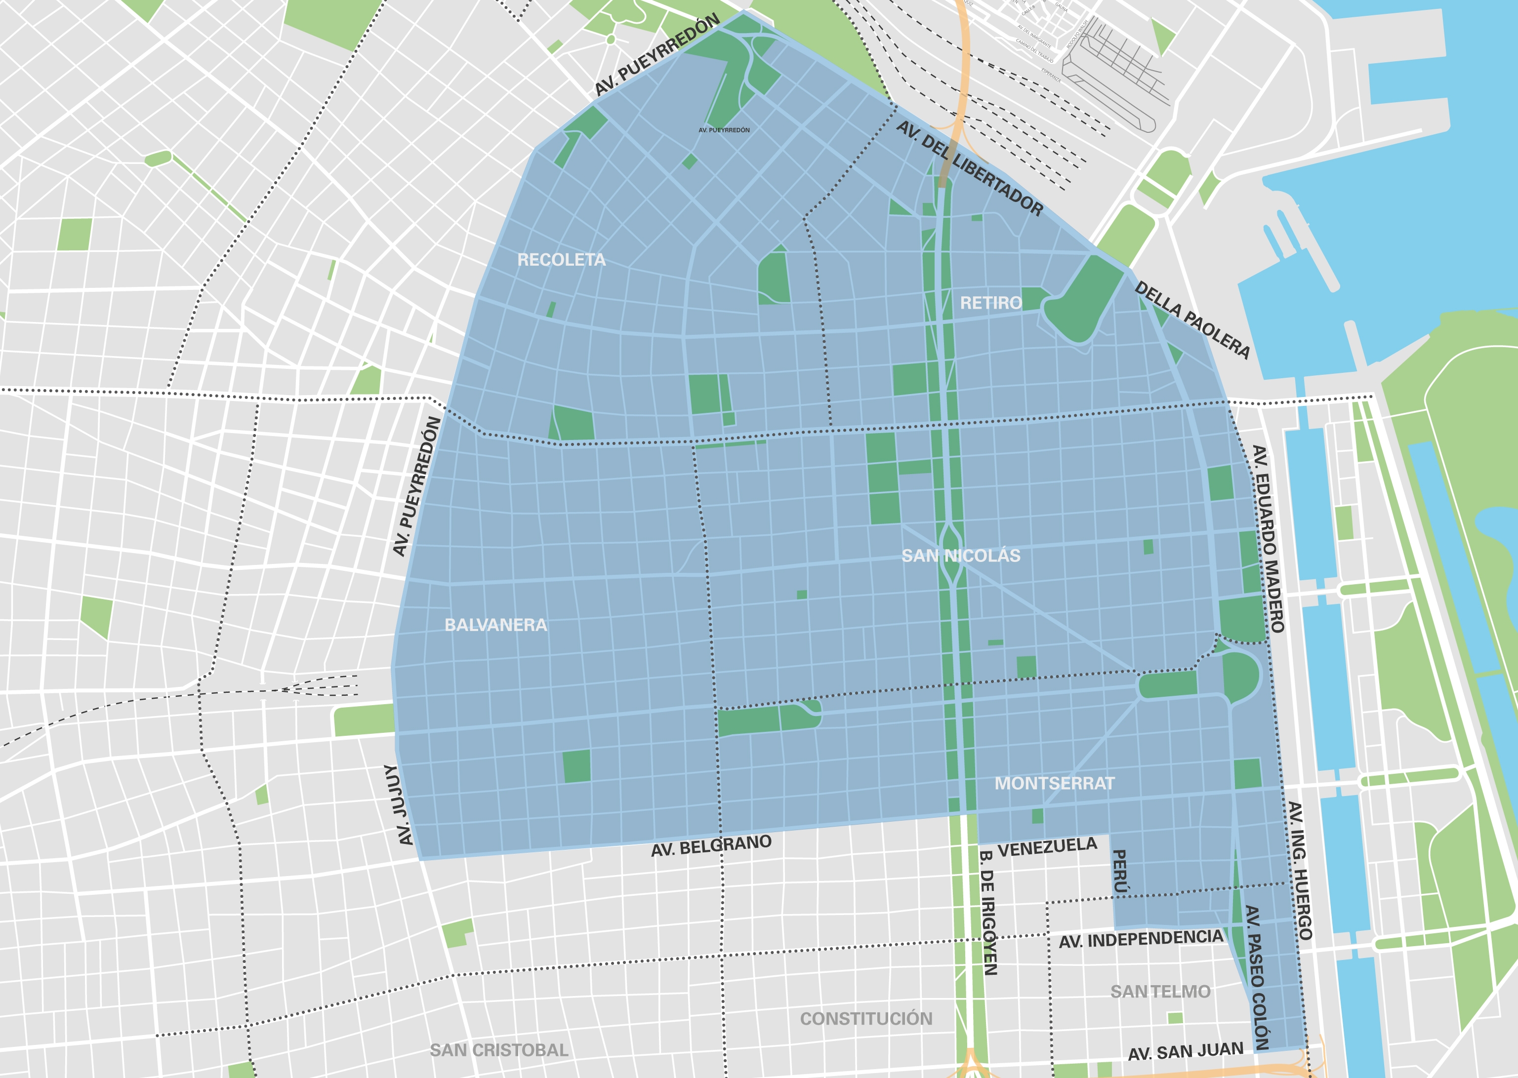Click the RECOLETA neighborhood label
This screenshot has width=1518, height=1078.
[x=561, y=260]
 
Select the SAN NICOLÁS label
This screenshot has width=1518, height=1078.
[x=960, y=556]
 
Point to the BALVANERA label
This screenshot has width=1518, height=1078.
[x=495, y=625]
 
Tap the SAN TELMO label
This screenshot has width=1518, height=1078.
[x=1160, y=992]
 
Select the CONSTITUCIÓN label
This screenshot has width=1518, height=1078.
[x=866, y=1018]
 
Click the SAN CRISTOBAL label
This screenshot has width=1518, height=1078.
[x=499, y=1050]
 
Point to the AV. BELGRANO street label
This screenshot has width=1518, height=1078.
[x=711, y=846]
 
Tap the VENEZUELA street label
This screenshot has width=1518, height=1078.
[x=1047, y=847]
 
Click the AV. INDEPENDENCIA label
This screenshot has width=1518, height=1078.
[x=1140, y=939]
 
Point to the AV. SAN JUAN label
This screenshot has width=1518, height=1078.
[x=1186, y=1051]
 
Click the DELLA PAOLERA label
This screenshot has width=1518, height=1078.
[x=1192, y=320]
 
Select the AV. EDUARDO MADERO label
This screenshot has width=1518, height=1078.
[x=1268, y=538]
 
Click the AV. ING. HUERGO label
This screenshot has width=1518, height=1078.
[x=1300, y=870]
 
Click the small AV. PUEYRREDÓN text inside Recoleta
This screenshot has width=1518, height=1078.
[x=724, y=130]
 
